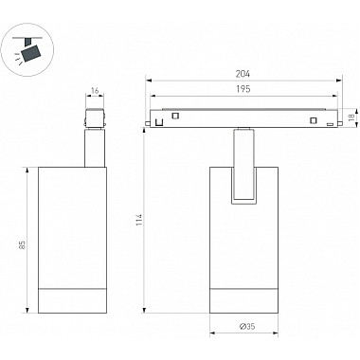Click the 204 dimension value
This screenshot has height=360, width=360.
(243, 74)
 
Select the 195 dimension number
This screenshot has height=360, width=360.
(243, 89)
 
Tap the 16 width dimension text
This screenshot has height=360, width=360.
(95, 91)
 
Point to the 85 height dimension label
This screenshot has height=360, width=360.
(22, 244)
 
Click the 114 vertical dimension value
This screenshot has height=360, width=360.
(139, 220)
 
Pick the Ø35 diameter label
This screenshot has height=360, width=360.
(247, 326)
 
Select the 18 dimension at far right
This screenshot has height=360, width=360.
(351, 117)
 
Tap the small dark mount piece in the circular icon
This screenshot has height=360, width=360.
(28, 42)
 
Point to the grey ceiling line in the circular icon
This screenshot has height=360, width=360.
(27, 38)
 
